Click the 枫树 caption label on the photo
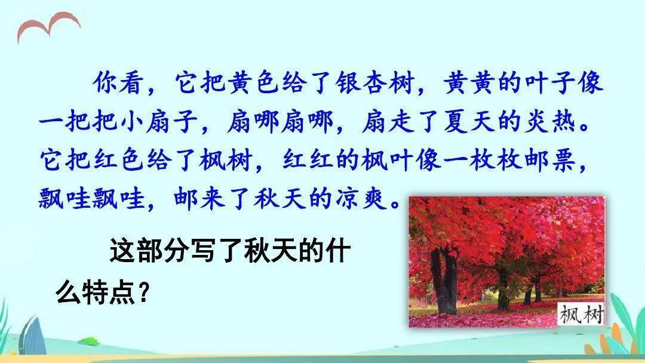(x=581, y=315)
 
